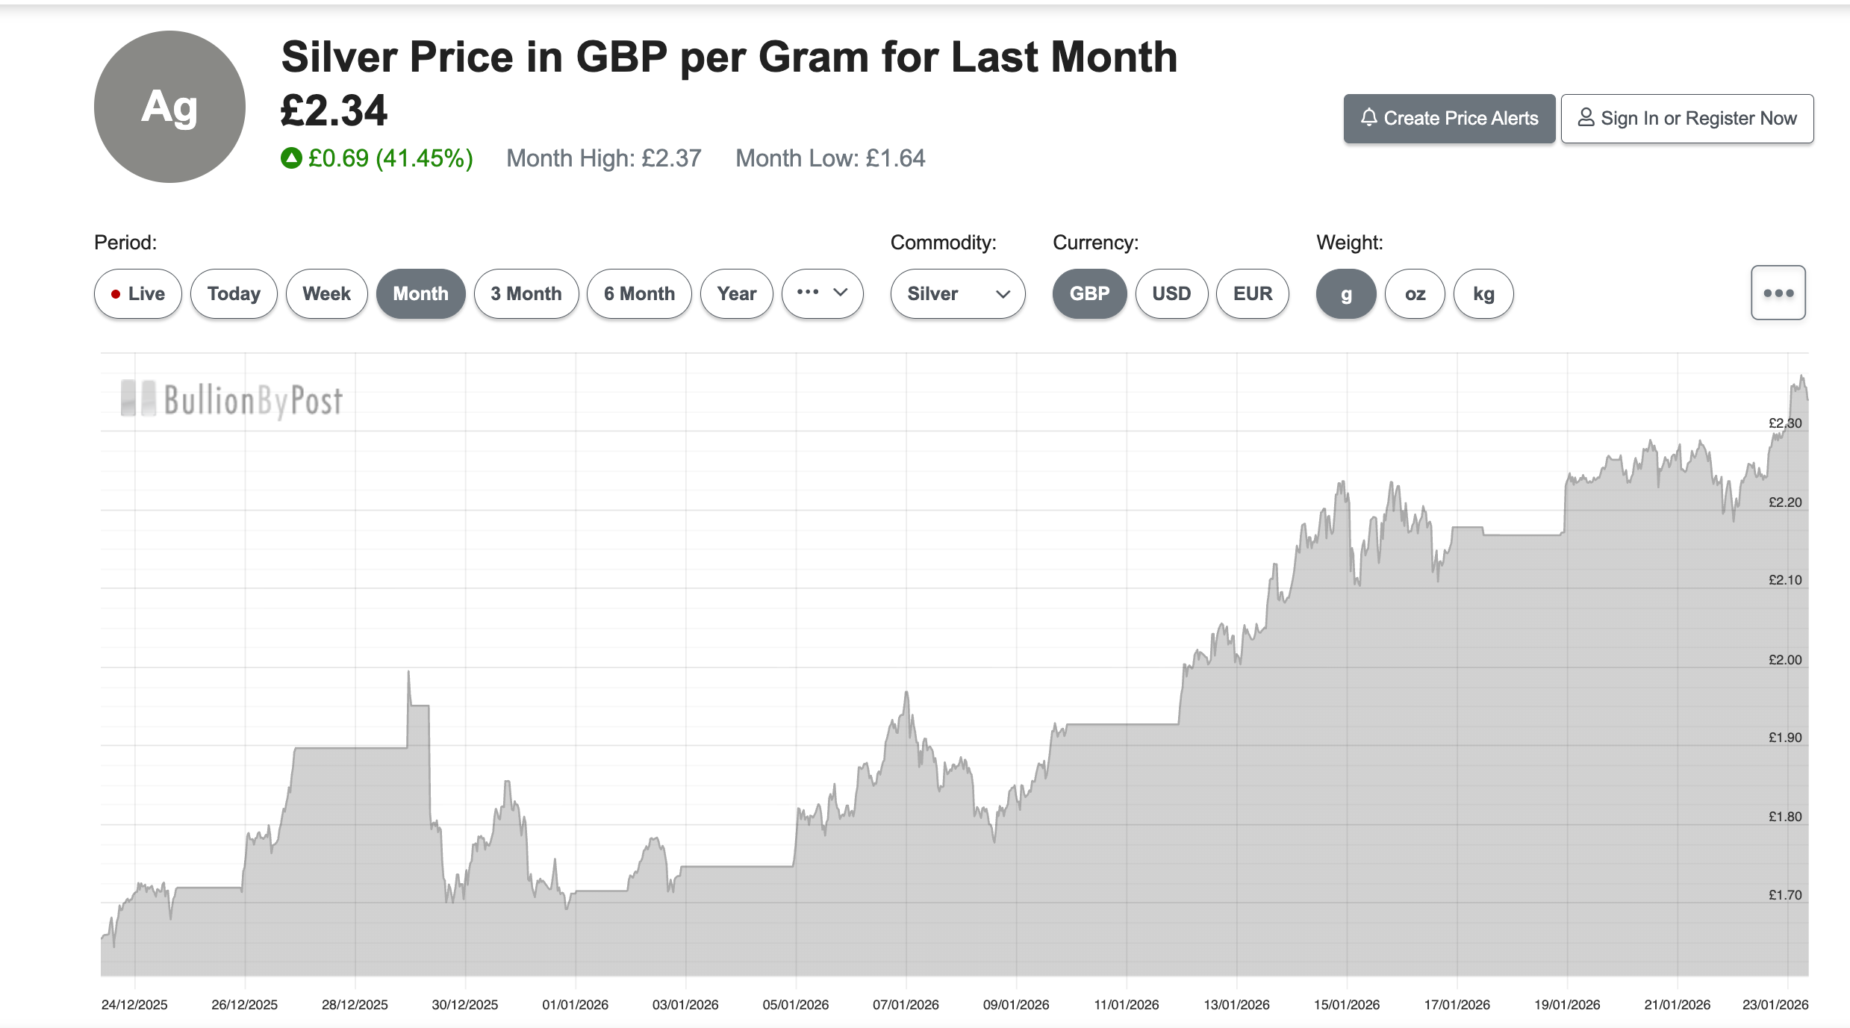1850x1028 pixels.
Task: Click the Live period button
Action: pos(138,294)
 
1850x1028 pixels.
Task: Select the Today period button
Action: pos(234,294)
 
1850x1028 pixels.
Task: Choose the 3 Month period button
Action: pos(526,294)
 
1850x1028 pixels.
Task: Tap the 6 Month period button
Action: pos(639,294)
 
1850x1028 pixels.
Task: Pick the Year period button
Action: pos(737,294)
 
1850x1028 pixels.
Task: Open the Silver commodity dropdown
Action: pos(958,294)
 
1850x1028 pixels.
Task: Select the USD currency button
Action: pos(1171,294)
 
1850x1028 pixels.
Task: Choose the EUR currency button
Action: pos(1253,294)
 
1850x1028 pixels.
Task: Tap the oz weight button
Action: pos(1415,294)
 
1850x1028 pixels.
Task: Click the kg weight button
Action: pos(1483,294)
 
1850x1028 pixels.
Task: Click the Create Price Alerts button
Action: pos(1449,119)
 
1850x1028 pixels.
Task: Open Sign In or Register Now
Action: pos(1687,119)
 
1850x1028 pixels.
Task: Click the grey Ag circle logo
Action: pos(169,107)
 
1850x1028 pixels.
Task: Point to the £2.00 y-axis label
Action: pos(1785,660)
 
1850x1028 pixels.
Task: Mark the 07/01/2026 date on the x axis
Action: pos(906,1005)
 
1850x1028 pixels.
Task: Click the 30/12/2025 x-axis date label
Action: pos(464,1005)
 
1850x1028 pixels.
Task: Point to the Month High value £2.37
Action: pos(671,158)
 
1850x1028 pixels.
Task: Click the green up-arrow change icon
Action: pos(291,158)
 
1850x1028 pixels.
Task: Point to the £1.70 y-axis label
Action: pos(1785,895)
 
